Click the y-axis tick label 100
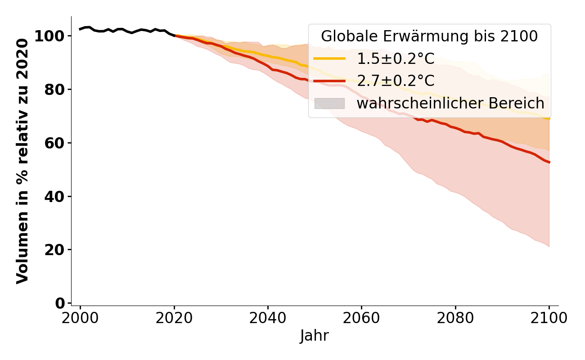tap(49, 36)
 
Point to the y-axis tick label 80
tap(55, 90)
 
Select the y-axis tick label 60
tap(55, 143)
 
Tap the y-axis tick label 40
tap(55, 197)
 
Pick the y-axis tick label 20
tap(55, 250)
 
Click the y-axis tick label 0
tap(61, 303)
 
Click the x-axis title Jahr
tap(315, 336)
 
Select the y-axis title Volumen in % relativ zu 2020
tap(22, 161)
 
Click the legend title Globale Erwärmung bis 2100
tap(429, 36)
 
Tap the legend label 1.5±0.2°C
tap(396, 58)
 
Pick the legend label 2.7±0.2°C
tap(396, 81)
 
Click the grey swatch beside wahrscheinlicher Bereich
tap(329, 103)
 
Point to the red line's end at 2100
tap(549, 162)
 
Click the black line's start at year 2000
tap(80, 29)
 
